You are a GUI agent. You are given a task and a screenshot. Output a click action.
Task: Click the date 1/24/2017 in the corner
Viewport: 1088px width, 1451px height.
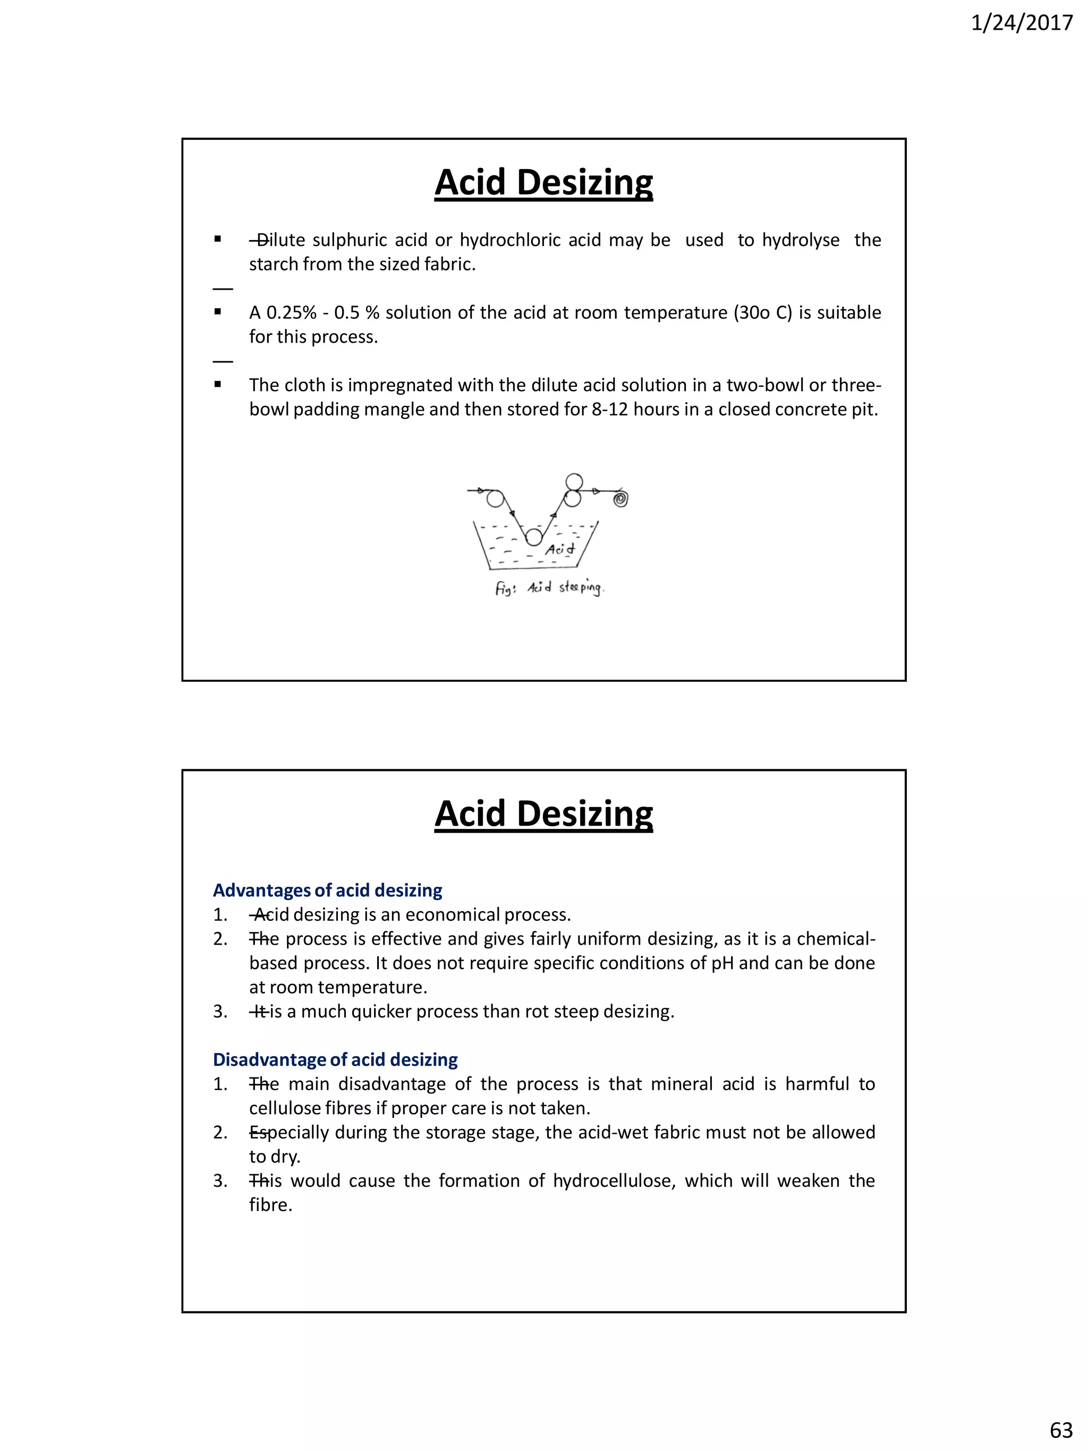(1021, 23)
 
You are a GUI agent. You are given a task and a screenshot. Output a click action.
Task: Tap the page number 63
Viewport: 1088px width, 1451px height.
(1060, 1429)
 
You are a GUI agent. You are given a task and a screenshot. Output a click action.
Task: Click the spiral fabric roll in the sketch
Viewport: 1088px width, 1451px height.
(620, 499)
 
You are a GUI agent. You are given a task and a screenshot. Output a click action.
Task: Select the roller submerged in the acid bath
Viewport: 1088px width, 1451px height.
(534, 537)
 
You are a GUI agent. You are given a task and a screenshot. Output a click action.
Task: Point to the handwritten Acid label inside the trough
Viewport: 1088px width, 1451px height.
(560, 548)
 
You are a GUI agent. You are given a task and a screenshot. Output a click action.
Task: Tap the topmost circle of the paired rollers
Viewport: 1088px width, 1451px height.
(574, 481)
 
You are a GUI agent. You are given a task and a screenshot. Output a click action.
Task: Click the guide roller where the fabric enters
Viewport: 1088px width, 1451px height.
(495, 498)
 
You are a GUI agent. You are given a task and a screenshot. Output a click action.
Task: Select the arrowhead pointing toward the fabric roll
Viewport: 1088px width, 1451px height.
(596, 491)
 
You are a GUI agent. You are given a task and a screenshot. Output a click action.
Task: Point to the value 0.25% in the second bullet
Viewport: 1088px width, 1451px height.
(291, 312)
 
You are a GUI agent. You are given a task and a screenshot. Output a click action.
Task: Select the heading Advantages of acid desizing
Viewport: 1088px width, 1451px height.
(327, 890)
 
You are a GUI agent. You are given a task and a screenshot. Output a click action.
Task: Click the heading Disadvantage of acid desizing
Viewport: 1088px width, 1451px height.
(335, 1059)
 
